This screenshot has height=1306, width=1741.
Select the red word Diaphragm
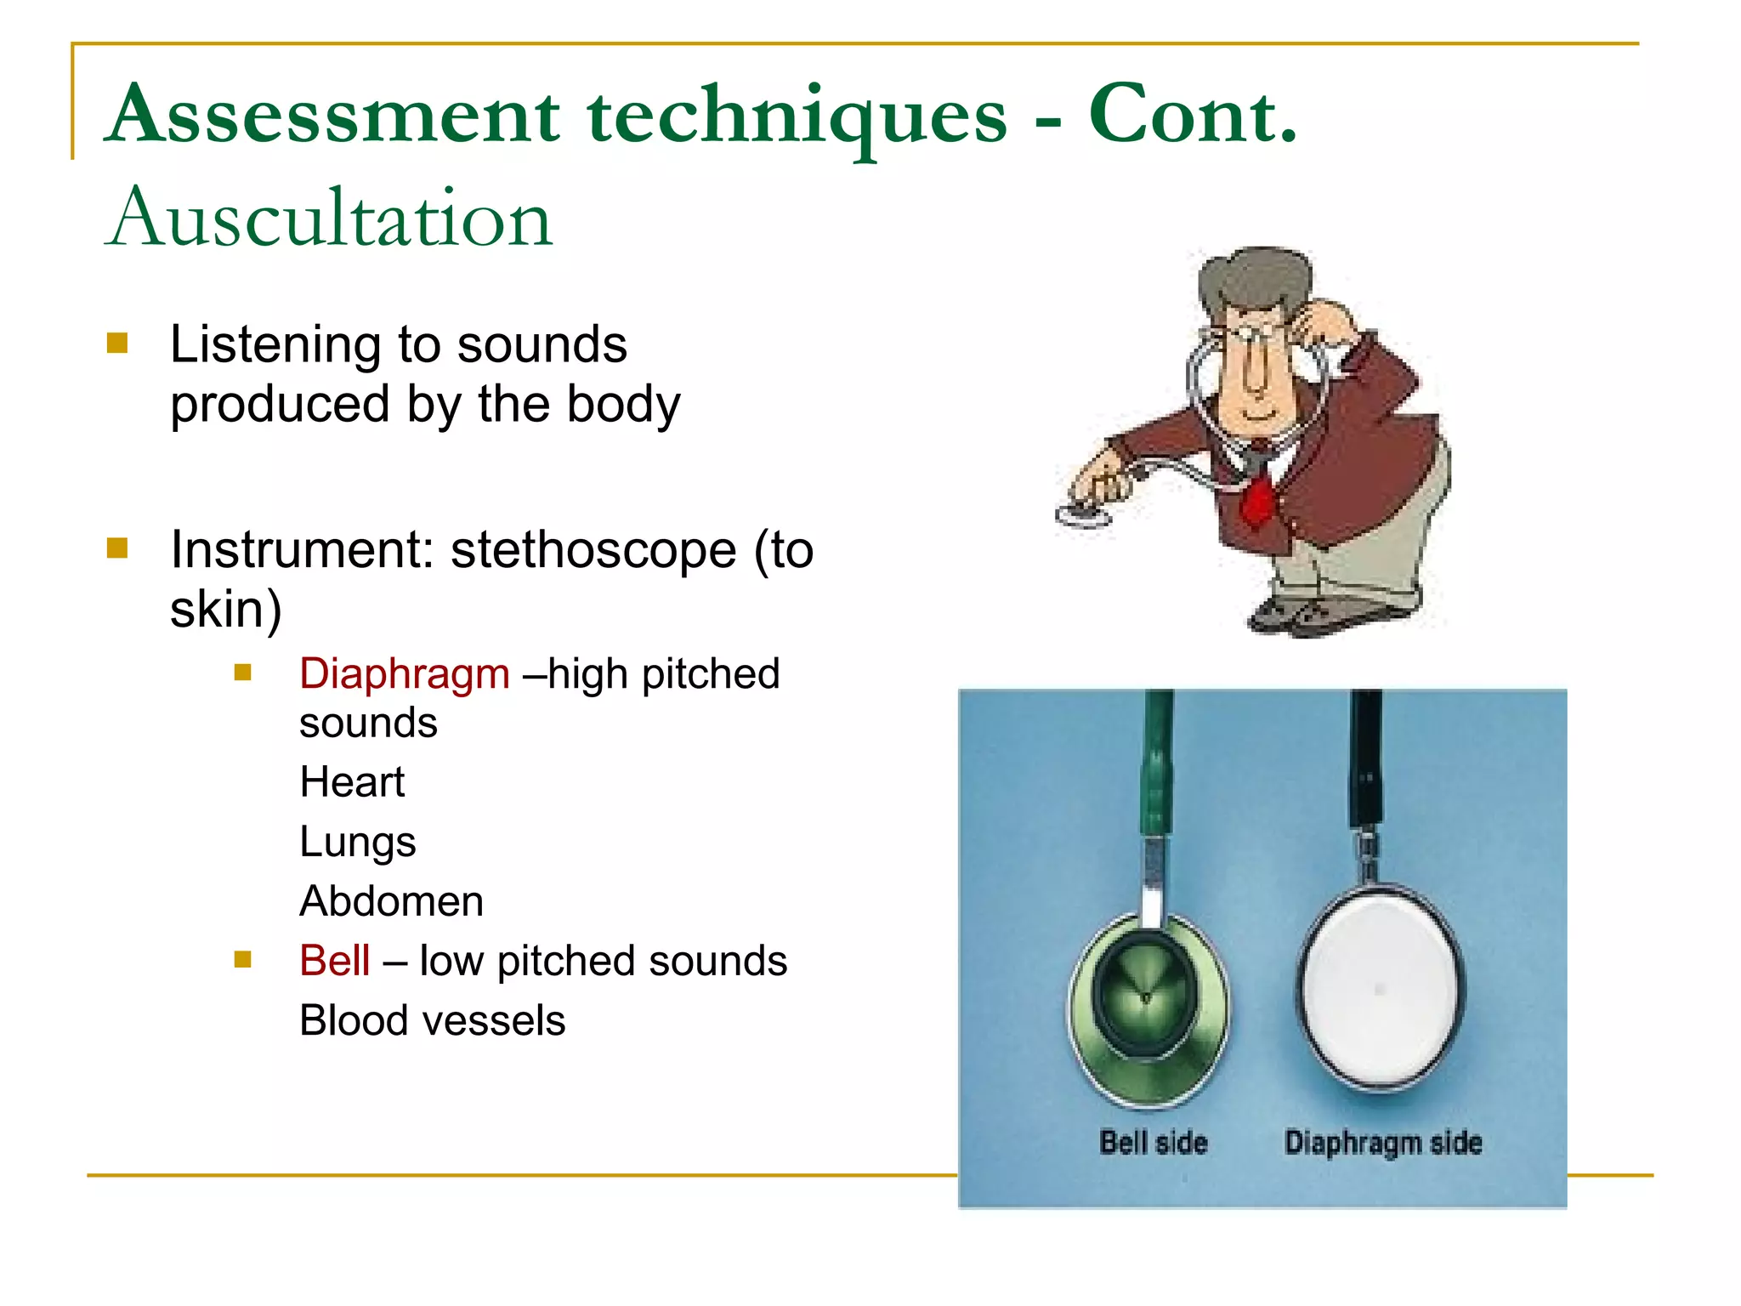click(x=404, y=674)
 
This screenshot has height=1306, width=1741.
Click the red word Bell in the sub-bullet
click(x=334, y=962)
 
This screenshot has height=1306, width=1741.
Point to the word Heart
click(x=352, y=782)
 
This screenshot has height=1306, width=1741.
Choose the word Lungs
click(x=357, y=843)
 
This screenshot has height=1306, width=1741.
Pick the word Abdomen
click(x=391, y=901)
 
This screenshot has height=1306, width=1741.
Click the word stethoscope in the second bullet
click(x=593, y=550)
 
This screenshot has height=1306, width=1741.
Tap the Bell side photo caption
click(x=1153, y=1143)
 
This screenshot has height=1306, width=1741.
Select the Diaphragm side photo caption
click(x=1383, y=1143)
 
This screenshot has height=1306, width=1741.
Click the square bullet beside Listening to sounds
click(x=117, y=344)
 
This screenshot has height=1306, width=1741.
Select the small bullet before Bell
click(x=243, y=960)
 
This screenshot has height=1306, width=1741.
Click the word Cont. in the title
click(x=1192, y=116)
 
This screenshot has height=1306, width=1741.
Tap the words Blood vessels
click(x=432, y=1021)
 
